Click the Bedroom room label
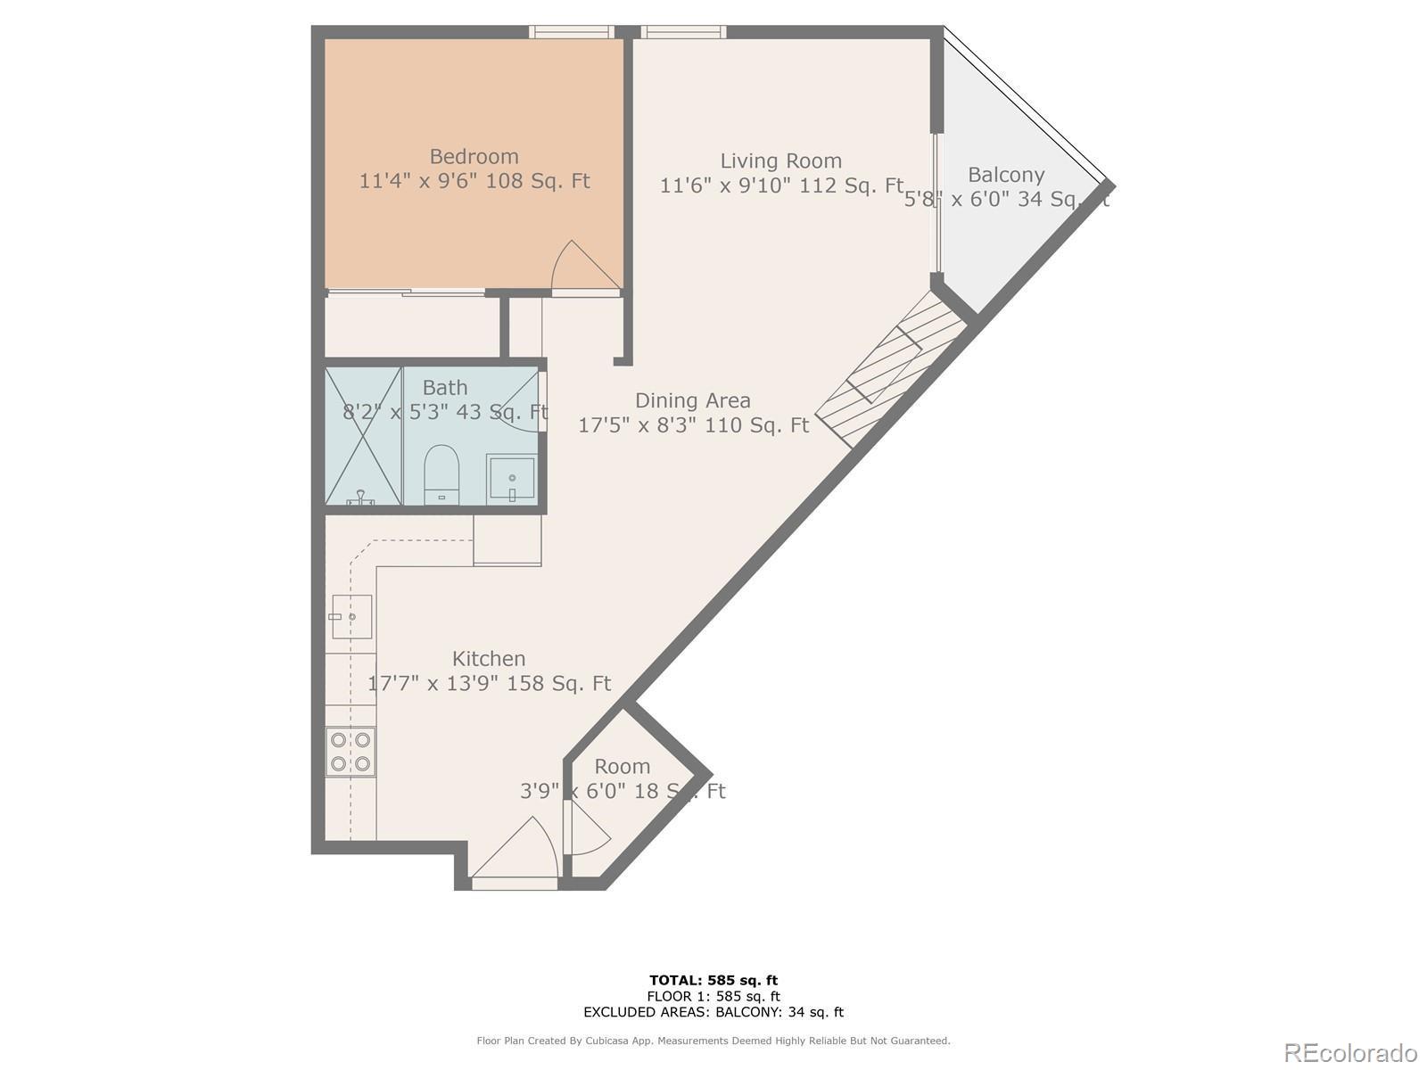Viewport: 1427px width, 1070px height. tap(474, 157)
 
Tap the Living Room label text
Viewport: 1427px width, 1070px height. tap(780, 161)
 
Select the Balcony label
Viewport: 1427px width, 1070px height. tap(1005, 175)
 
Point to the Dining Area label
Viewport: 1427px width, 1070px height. tap(692, 401)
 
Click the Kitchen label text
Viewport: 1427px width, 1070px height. tap(488, 659)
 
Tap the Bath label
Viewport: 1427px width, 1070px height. tap(444, 388)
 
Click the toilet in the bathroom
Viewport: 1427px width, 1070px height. tap(441, 473)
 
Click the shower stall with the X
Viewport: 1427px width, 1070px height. tap(363, 436)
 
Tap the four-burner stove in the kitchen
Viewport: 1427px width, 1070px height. tap(350, 752)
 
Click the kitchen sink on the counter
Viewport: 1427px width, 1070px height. tap(351, 616)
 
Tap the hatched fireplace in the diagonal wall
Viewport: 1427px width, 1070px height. tap(892, 370)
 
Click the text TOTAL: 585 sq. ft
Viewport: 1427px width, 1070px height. tap(713, 981)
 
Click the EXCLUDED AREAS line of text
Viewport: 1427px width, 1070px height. tap(713, 1012)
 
